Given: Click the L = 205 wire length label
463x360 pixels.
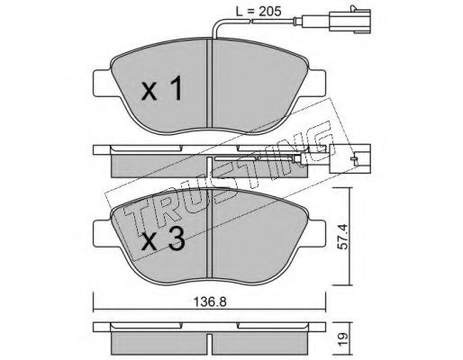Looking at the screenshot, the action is (x=258, y=12).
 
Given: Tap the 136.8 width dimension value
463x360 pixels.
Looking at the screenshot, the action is (x=209, y=302).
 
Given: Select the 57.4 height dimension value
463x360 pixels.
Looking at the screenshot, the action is (x=341, y=237).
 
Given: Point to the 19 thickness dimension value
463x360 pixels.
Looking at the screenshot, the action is (x=342, y=338).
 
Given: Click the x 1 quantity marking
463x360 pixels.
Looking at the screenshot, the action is (x=162, y=88).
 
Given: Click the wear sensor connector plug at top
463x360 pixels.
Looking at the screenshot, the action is (x=350, y=22).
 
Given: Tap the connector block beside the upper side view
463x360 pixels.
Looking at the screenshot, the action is (x=350, y=158).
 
